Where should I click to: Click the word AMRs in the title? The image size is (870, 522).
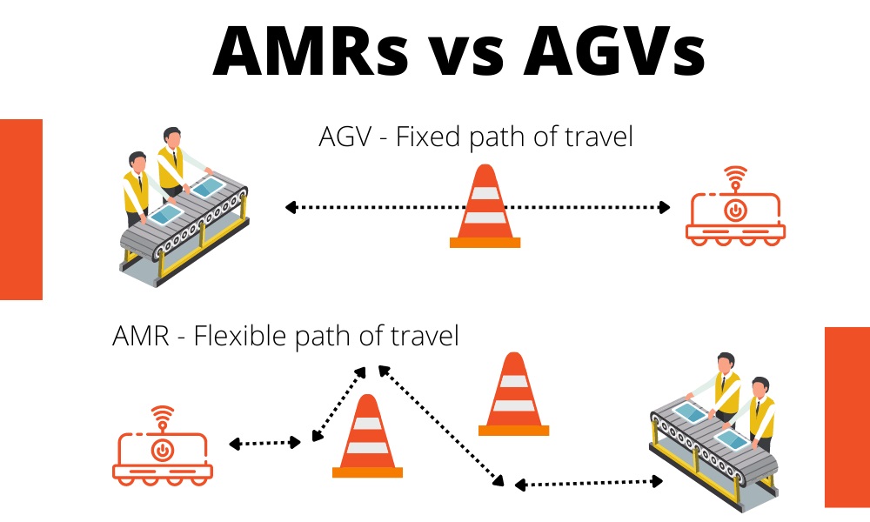coord(311,50)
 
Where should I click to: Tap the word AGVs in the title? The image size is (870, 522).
coord(614,50)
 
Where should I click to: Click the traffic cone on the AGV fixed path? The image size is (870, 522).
coord(485,206)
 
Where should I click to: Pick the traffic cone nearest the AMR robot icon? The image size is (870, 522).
coord(367,436)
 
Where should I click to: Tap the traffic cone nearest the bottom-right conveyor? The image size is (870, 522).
coord(514,394)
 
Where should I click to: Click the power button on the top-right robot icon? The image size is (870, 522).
coord(735,211)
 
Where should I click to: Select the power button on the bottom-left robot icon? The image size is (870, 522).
coord(163,450)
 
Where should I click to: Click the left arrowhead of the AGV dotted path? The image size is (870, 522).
coord(290,207)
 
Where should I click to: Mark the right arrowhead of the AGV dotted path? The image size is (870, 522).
coord(664,207)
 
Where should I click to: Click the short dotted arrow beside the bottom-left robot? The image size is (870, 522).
coord(264,443)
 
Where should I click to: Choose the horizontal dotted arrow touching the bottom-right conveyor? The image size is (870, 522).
coord(589,483)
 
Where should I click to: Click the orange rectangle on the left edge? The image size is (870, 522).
coord(21,210)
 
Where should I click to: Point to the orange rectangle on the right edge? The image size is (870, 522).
coord(847,417)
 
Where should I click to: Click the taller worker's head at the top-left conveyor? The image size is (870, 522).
coord(172,138)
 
